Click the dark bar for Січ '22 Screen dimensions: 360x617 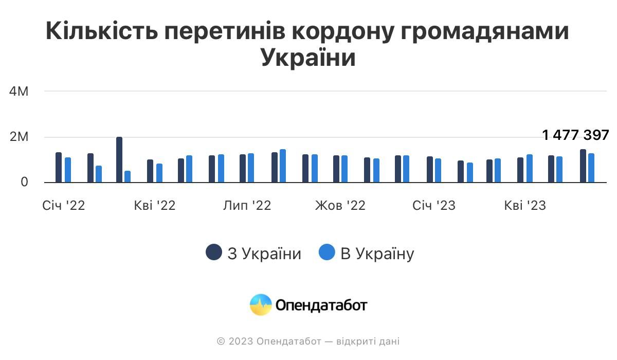(x=59, y=168)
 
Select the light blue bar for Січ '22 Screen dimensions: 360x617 (x=68, y=170)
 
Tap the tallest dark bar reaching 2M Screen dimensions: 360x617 (x=119, y=160)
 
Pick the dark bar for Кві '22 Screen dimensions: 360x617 (x=150, y=171)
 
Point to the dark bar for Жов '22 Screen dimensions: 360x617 (x=336, y=169)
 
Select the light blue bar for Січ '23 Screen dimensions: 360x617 (x=438, y=171)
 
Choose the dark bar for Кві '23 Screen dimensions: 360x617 (x=520, y=170)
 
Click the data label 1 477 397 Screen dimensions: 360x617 (x=575, y=135)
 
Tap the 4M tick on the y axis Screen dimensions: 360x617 (x=19, y=92)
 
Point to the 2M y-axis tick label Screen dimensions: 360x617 (x=19, y=137)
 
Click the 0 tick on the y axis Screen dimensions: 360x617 (x=25, y=182)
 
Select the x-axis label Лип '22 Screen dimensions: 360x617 (x=247, y=206)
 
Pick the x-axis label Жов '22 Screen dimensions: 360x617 (x=340, y=206)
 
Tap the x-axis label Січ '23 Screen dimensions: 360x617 (x=433, y=206)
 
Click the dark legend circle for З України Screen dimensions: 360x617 (x=214, y=253)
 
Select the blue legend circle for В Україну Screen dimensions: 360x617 (x=327, y=253)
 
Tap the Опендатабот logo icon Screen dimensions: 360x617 (x=261, y=305)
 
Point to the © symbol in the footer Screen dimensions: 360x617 (x=221, y=341)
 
